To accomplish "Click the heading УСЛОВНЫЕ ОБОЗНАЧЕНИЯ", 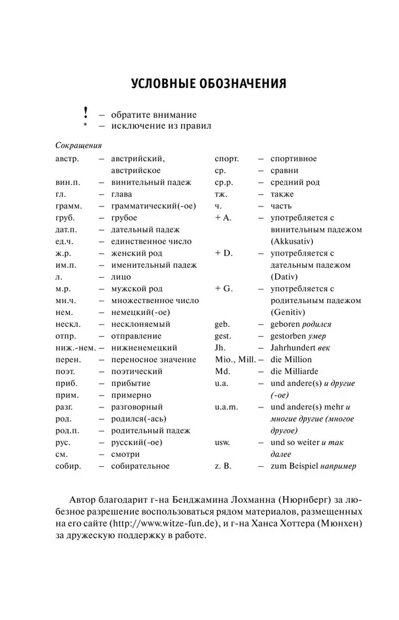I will click(199, 83).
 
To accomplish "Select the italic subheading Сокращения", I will click(78, 146).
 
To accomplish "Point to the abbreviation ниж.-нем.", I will click(75, 347).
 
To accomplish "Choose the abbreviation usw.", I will click(223, 442).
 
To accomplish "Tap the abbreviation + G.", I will click(224, 288).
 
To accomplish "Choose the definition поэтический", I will click(137, 371).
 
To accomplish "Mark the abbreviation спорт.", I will click(227, 159).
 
